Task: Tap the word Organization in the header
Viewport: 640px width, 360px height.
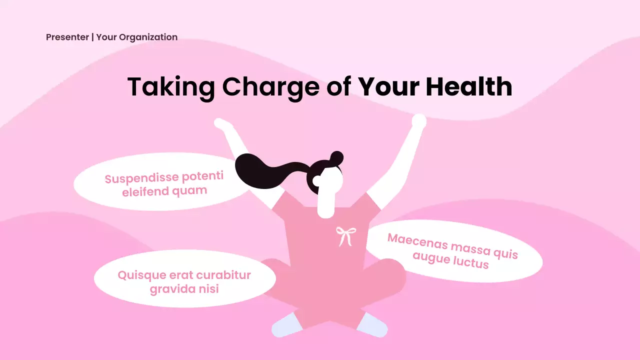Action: (148, 37)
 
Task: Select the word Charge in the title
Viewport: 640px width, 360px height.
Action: (270, 86)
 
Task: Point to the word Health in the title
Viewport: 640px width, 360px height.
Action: (469, 86)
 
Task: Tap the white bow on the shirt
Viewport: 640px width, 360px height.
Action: (345, 235)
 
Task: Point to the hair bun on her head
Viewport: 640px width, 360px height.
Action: (336, 157)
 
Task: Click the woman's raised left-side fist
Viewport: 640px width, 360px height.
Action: (220, 123)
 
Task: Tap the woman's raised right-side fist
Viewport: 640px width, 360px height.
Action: (418, 121)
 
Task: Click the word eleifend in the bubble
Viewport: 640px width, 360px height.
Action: (145, 191)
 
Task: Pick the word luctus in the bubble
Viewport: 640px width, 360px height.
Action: (471, 262)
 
